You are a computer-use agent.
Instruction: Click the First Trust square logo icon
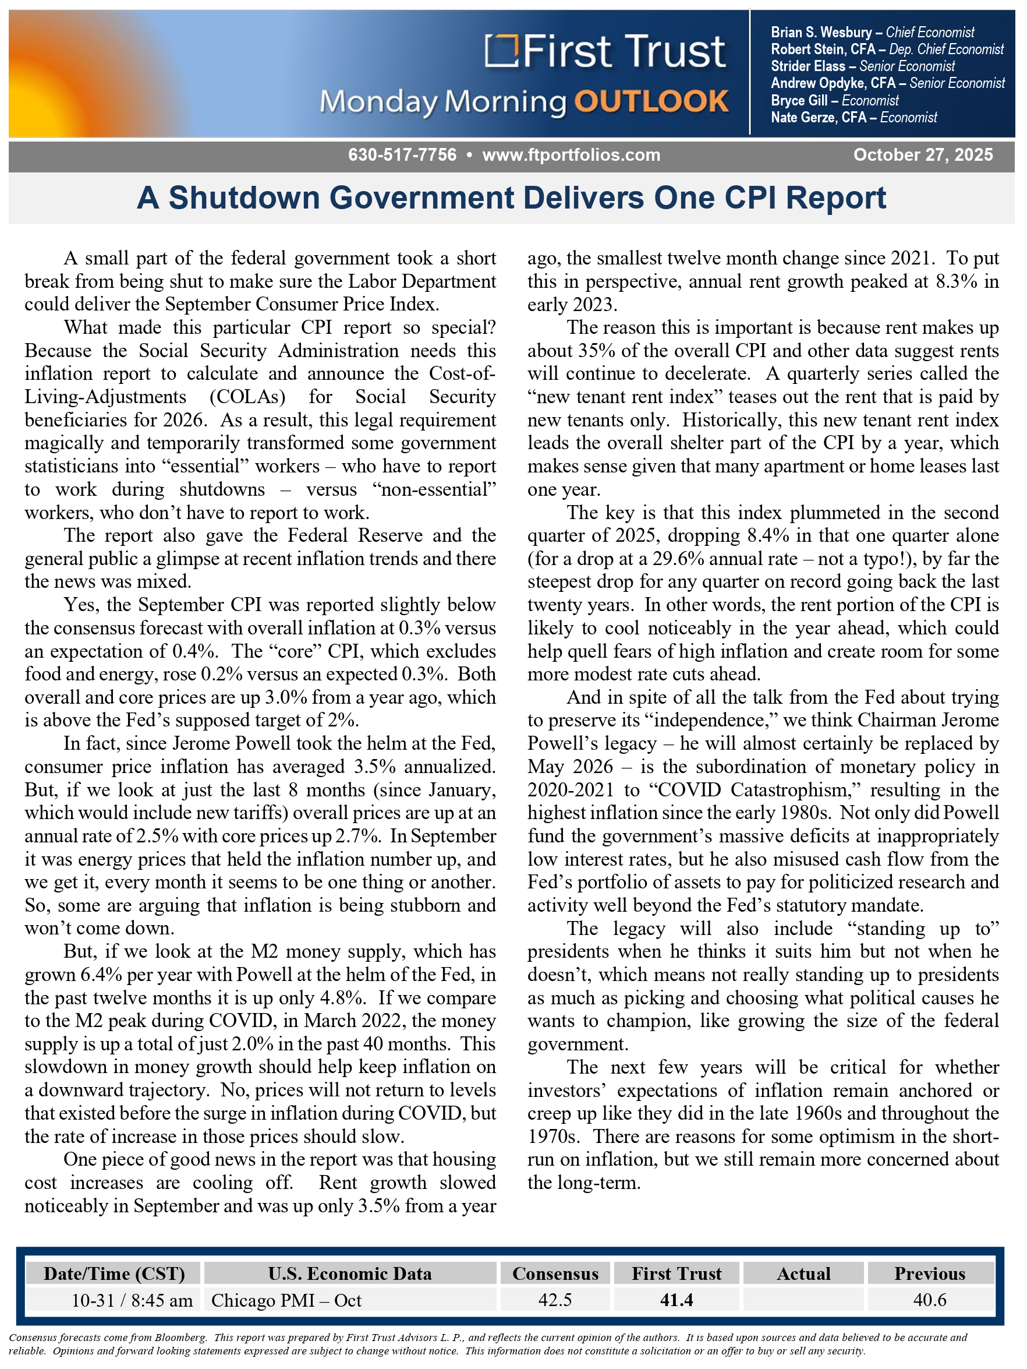[501, 51]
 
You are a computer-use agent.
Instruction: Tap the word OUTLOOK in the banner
[651, 101]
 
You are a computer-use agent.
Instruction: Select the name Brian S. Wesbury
[820, 32]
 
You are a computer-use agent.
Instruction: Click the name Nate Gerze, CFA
[818, 118]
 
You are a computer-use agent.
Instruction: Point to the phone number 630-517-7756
[402, 155]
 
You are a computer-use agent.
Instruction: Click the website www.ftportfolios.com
[571, 155]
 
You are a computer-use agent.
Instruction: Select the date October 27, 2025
[922, 155]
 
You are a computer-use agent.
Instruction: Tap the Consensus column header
[555, 1273]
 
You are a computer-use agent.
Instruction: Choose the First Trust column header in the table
[676, 1273]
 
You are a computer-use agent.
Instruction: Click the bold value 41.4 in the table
[676, 1300]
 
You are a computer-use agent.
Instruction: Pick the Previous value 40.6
[929, 1300]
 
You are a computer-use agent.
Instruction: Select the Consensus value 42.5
[555, 1300]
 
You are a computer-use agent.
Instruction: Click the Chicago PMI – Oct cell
[286, 1300]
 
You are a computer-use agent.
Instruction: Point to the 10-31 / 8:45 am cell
[132, 1300]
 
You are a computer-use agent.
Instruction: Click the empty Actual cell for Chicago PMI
[803, 1300]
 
